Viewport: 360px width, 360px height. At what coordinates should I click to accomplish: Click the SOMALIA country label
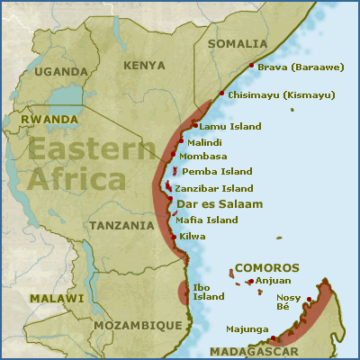[238, 43]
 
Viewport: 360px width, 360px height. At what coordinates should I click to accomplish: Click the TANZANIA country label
[122, 225]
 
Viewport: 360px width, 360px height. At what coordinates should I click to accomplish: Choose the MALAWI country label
[55, 298]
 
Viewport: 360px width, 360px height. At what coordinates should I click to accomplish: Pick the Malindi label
[204, 142]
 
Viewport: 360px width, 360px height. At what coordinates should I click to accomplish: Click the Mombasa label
[205, 156]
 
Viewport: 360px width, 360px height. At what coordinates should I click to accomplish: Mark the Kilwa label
[193, 236]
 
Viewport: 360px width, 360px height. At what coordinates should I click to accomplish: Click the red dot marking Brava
[250, 65]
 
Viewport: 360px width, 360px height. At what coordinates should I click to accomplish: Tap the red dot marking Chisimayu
[221, 94]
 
